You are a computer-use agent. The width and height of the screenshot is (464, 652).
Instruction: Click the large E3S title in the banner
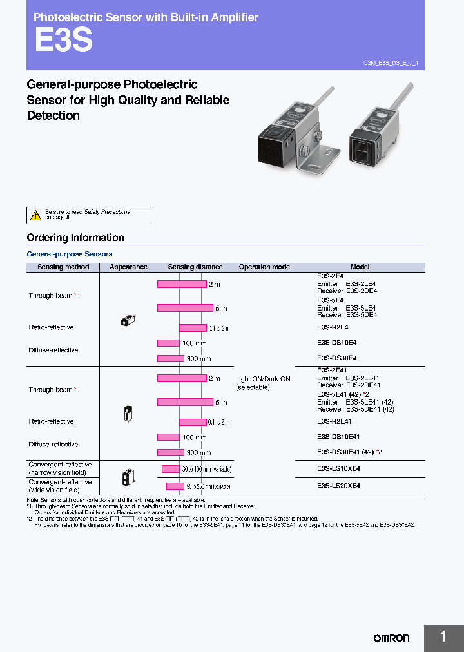63,40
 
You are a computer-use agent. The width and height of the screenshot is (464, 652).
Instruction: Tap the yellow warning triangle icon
35,215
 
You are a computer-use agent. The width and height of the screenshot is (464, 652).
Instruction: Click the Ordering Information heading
75,238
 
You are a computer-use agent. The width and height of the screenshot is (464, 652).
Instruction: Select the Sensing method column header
63,267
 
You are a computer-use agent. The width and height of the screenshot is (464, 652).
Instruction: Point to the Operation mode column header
264,267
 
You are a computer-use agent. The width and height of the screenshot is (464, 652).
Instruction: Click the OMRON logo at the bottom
391,638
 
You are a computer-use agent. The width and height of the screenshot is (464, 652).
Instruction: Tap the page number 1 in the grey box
443,637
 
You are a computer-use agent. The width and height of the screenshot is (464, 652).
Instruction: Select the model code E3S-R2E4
333,327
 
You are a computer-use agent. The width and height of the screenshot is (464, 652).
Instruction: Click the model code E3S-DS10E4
336,343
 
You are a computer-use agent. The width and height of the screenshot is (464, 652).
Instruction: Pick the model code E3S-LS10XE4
338,469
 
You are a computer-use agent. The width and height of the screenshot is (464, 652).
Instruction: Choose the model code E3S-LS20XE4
338,486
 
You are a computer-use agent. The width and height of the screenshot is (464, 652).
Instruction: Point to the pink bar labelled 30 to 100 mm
170,469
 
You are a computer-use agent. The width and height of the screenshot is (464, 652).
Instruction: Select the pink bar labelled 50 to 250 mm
175,486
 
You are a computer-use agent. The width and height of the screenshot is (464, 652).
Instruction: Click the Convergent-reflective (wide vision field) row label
60,486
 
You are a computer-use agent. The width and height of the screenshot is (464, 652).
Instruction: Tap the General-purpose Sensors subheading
70,254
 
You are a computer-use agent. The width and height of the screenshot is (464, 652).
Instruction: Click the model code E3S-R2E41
334,421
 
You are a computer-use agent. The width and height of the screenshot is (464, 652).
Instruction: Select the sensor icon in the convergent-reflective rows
128,478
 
